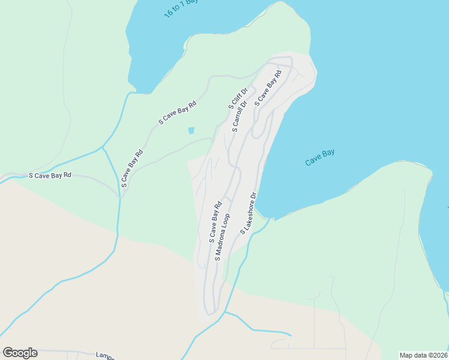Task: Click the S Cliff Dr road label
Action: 238,98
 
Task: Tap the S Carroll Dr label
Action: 240,116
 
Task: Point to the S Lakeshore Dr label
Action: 249,213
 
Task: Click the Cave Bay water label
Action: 319,157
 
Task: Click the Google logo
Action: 20,353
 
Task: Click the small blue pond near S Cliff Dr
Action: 191,130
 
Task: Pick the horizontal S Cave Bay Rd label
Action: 50,175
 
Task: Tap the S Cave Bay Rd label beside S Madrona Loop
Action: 215,221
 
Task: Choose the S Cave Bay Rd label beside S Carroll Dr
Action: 268,89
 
